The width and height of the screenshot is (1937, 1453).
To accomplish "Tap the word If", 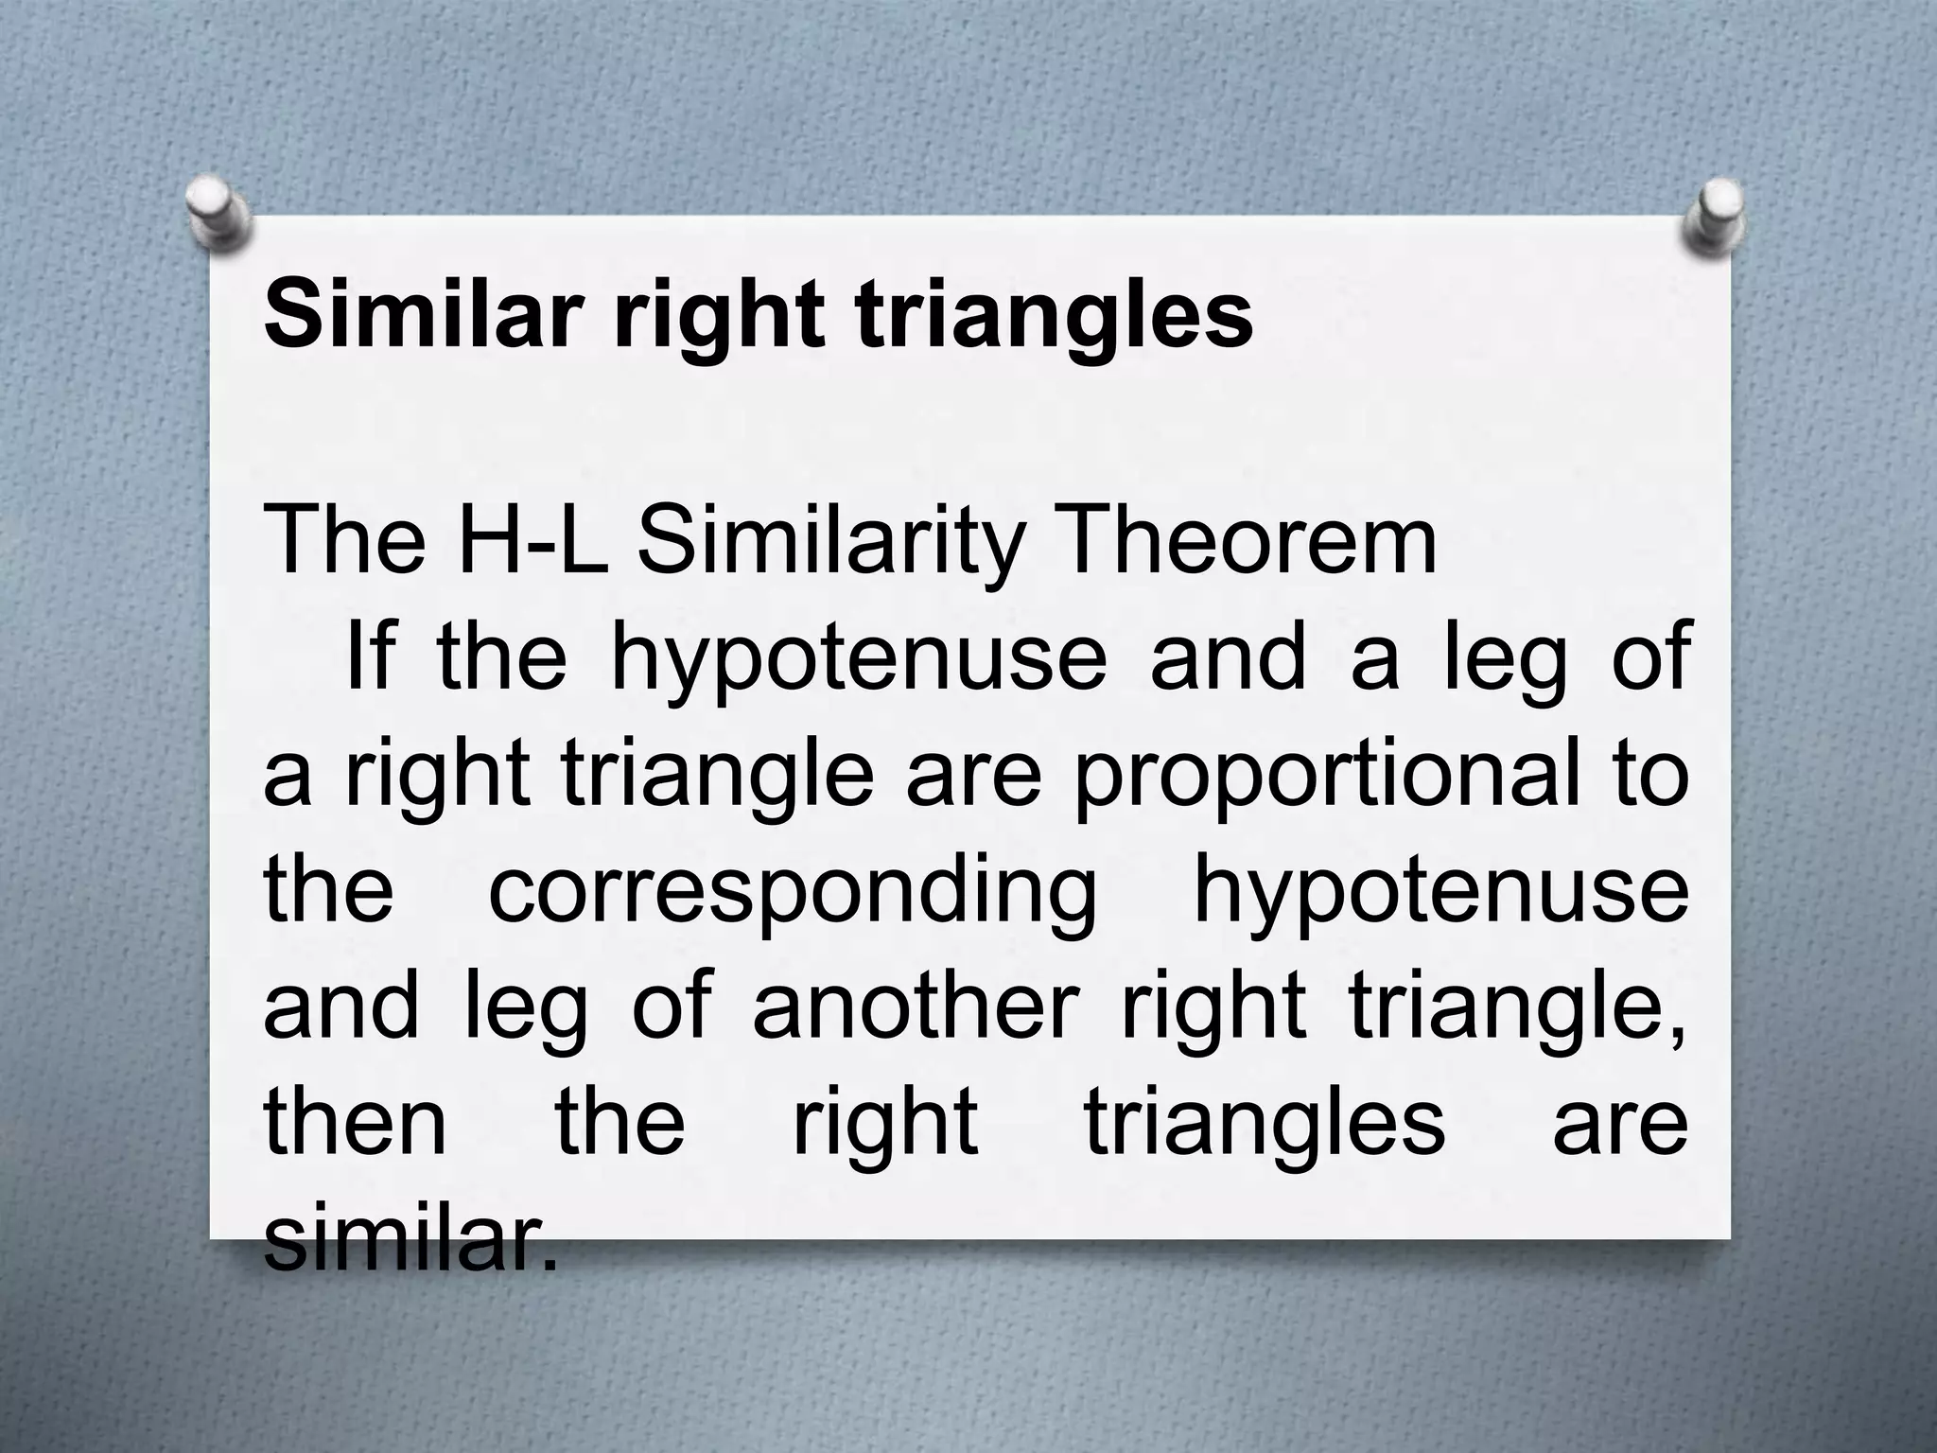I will (x=371, y=657).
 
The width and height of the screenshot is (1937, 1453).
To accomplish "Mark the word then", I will (x=355, y=1123).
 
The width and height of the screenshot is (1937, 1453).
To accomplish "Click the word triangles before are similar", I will (x=1264, y=1125).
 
